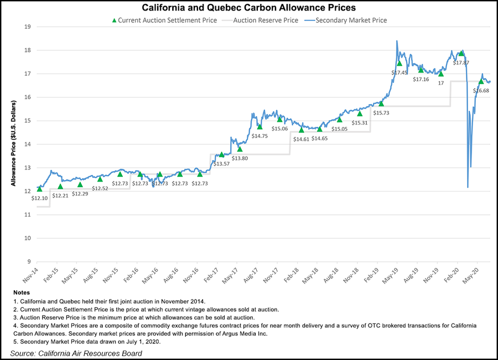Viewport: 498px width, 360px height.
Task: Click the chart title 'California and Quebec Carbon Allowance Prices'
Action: [248, 8]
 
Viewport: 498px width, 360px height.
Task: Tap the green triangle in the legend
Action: [114, 20]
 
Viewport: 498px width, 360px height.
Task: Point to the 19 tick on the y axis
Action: [27, 27]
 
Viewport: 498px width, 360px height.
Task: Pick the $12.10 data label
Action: [40, 198]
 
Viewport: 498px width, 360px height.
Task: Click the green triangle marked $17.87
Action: [461, 54]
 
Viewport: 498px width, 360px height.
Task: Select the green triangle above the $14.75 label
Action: [260, 127]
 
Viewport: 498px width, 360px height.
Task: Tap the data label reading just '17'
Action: [441, 82]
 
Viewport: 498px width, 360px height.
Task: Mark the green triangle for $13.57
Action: [222, 155]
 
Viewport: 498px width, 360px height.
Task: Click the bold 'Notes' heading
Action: [20, 292]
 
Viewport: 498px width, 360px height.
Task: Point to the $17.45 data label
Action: [400, 73]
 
